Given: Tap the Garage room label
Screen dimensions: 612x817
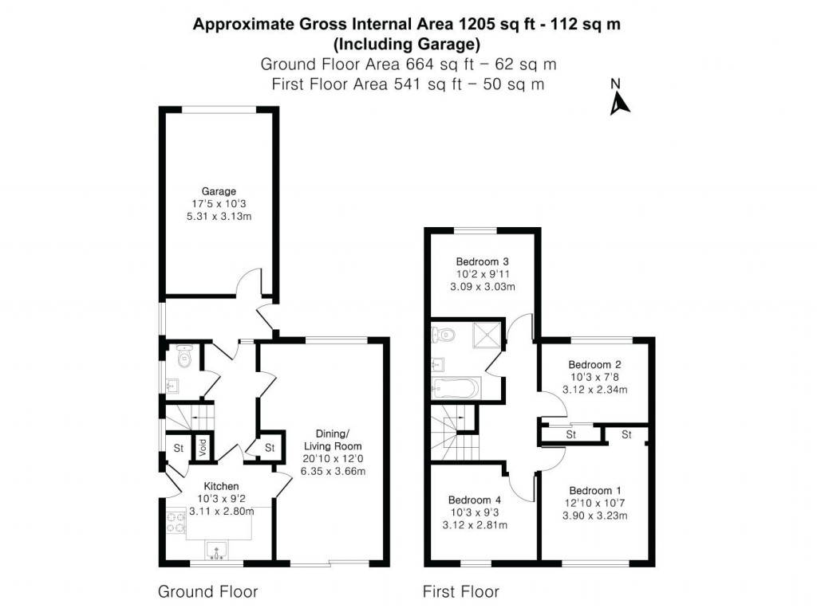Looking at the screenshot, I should tap(218, 191).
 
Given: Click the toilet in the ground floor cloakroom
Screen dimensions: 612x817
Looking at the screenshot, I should tap(184, 356).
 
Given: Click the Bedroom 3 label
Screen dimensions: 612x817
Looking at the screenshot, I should tap(482, 261).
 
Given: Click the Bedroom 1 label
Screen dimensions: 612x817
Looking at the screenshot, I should tap(594, 490).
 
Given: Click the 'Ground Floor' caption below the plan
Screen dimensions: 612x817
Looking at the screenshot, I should tap(207, 591).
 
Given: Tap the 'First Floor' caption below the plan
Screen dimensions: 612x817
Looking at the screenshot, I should tap(460, 591).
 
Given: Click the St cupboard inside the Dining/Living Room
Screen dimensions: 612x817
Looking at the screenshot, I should tap(269, 448).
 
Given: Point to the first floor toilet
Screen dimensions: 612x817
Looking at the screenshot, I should tap(443, 334).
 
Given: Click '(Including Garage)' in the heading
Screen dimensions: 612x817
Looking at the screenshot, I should tap(407, 43).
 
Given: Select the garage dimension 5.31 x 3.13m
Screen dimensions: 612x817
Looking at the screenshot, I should tap(218, 216).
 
